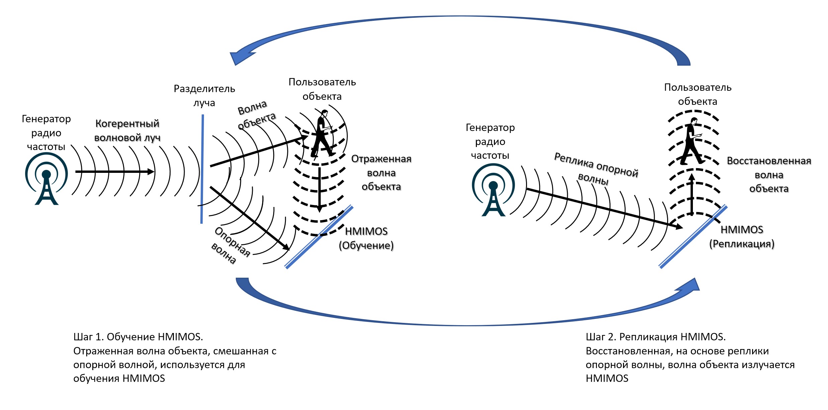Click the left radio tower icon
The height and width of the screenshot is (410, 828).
click(x=46, y=179)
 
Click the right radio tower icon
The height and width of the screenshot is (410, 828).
click(x=493, y=190)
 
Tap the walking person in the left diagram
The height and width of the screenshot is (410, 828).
click(x=322, y=134)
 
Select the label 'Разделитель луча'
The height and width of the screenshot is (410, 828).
click(x=204, y=96)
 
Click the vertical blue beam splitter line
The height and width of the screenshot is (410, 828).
click(x=202, y=169)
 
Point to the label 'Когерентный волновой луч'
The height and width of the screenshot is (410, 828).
click(x=127, y=131)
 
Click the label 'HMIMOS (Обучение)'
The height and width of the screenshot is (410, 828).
click(x=367, y=238)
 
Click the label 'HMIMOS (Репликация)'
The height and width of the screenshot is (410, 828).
click(x=742, y=237)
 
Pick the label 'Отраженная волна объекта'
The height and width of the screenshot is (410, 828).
click(x=381, y=173)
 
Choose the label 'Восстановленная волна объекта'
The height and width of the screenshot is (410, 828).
click(x=769, y=175)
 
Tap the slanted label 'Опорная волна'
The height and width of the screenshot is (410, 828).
click(x=231, y=246)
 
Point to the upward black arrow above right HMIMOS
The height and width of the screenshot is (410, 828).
click(x=692, y=194)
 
